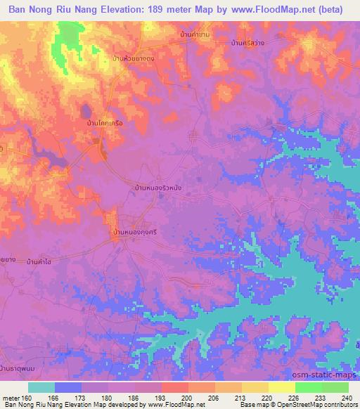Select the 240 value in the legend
pos(347,397)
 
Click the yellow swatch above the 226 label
pos(281,387)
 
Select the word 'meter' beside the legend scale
pos(11,397)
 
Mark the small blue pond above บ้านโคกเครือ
pos(85,111)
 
